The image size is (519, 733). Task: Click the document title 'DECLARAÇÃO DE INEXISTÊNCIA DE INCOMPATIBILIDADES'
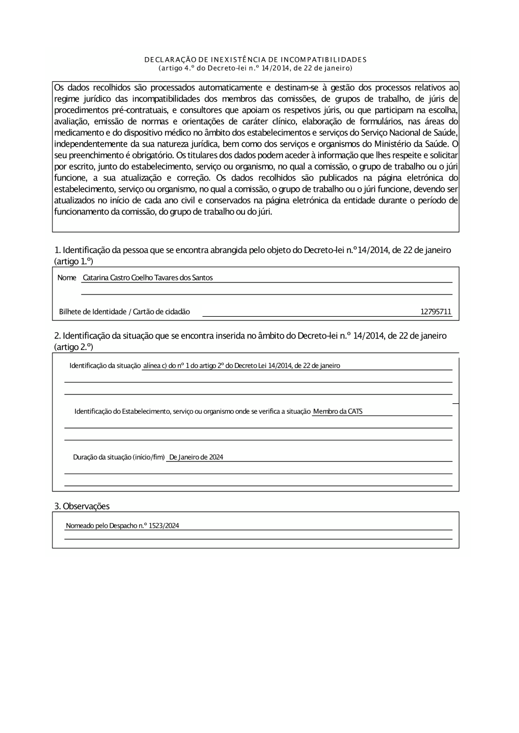(255, 60)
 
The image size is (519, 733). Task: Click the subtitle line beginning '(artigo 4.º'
(255, 68)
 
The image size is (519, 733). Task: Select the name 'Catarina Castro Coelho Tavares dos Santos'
(148, 278)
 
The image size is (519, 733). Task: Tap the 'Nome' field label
(67, 278)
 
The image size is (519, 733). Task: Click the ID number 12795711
(436, 312)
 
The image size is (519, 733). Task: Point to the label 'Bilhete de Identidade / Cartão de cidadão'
(125, 312)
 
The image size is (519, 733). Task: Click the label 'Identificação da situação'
(105, 366)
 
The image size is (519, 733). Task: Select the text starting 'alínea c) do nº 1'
(241, 366)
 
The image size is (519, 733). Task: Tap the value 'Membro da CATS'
(338, 412)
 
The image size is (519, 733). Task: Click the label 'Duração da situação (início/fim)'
(118, 457)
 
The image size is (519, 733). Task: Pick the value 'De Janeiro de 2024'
(196, 457)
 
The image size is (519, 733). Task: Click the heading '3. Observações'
(82, 506)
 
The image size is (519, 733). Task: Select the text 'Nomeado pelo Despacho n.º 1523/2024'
(122, 526)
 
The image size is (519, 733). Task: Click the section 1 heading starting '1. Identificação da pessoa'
(253, 250)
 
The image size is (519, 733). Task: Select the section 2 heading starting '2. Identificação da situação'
(250, 336)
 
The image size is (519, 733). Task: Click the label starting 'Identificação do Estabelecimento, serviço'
(193, 412)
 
